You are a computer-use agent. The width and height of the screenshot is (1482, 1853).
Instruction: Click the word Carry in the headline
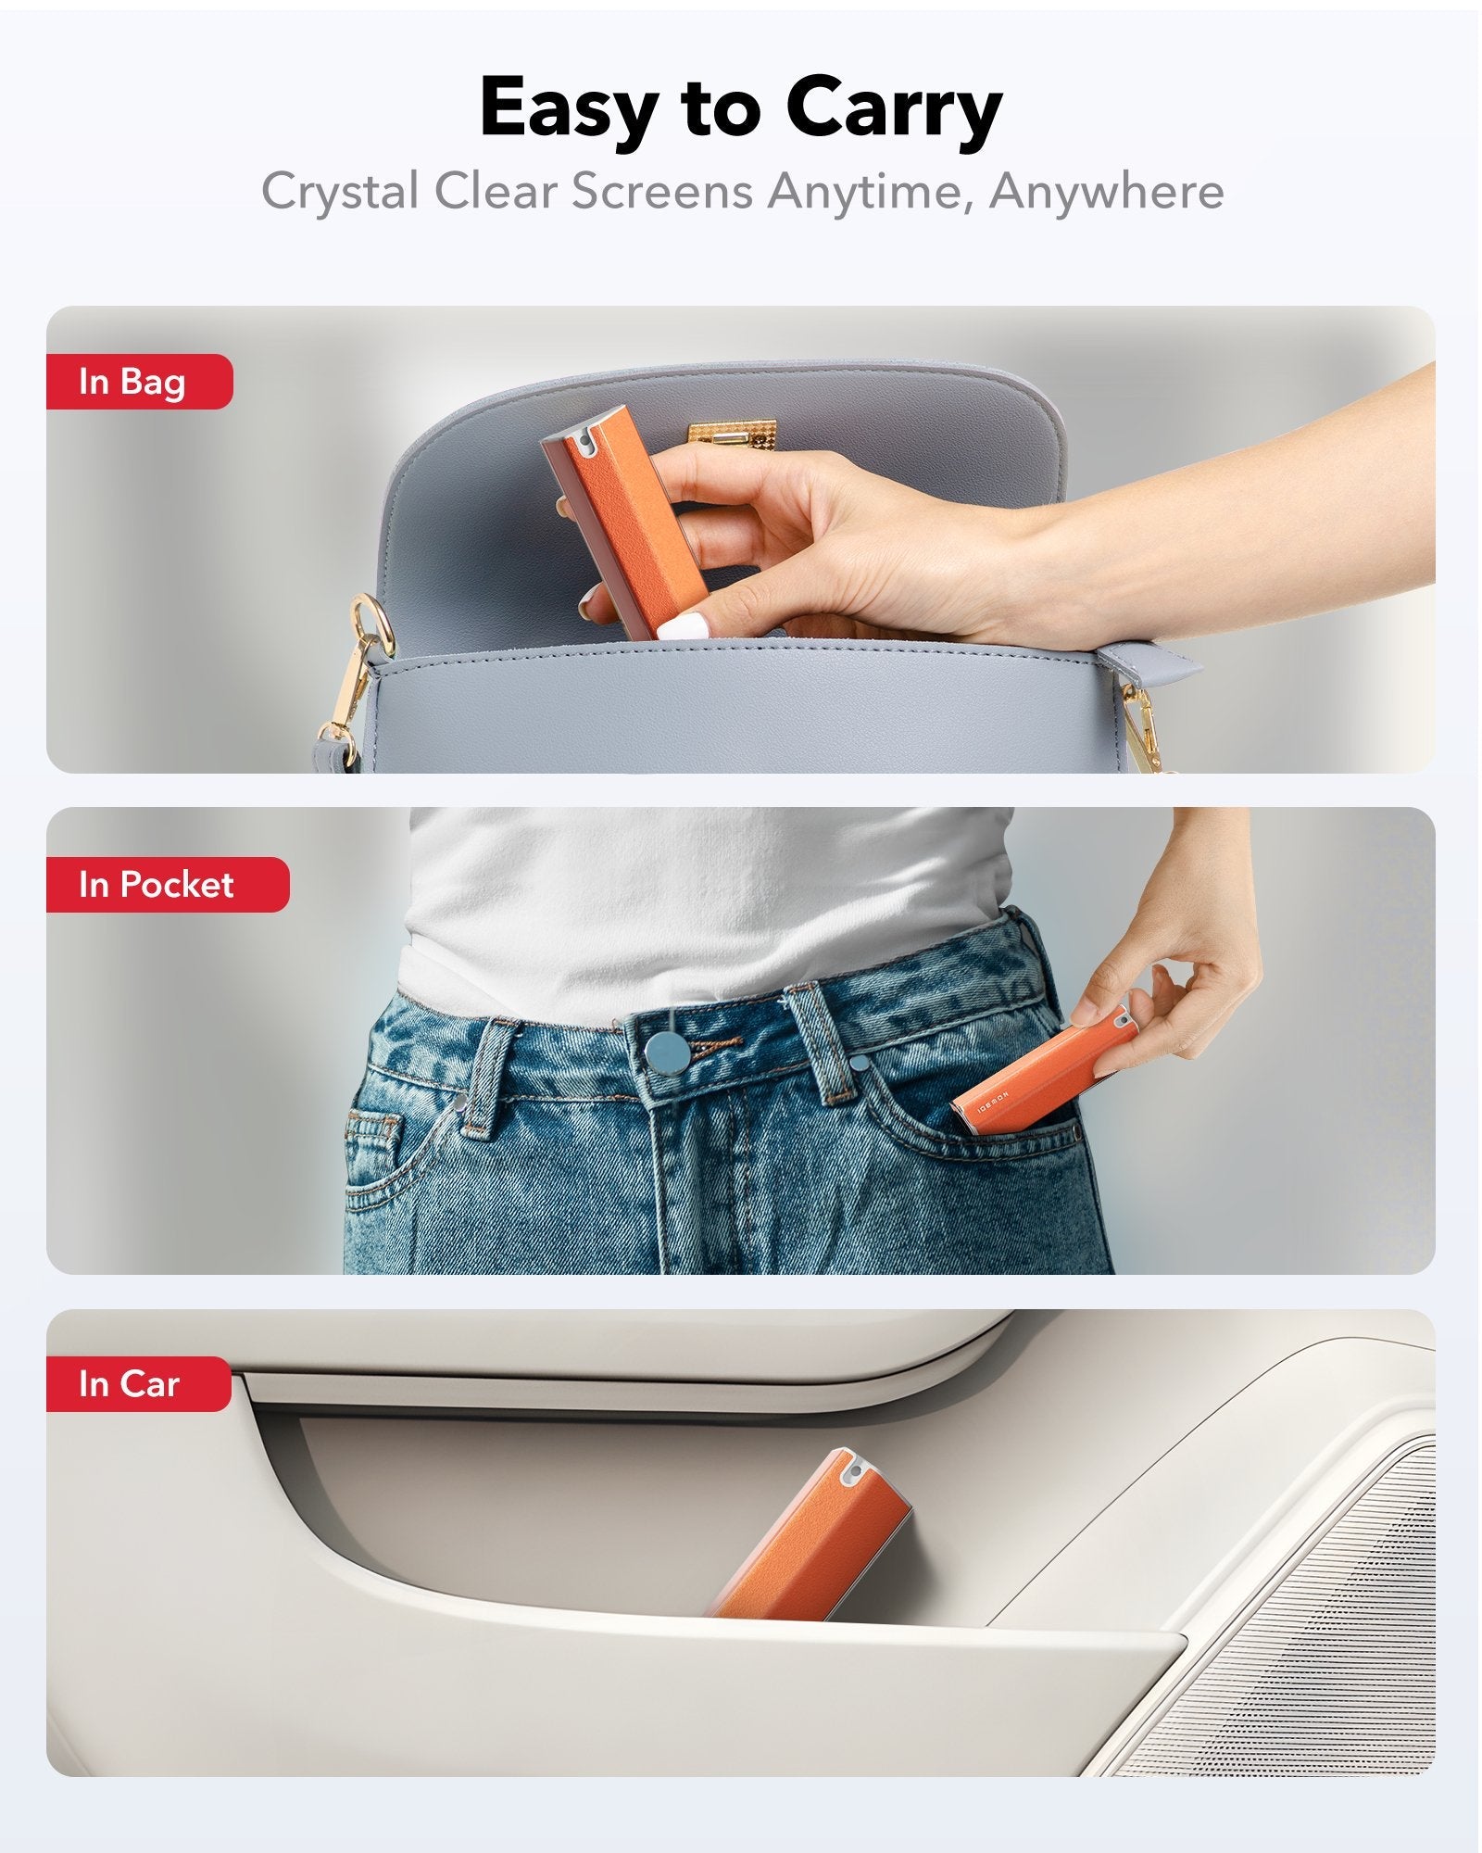click(894, 108)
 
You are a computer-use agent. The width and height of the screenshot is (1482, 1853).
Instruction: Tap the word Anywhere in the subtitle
click(1106, 192)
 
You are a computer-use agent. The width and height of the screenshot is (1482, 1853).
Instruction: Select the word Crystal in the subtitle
click(340, 192)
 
